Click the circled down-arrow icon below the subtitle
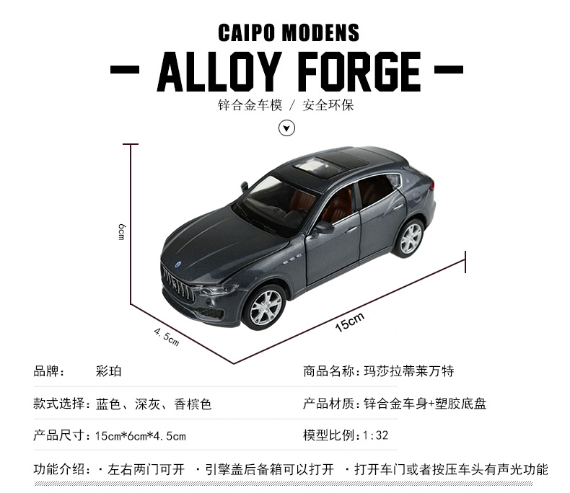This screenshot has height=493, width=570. pos(287,128)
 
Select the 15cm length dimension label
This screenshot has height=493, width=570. pos(350,321)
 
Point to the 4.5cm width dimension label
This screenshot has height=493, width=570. pos(167,337)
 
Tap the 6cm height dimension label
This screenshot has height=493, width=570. pos(123,232)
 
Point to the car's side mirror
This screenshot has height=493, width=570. pos(324,228)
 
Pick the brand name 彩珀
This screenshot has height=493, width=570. pos(109,372)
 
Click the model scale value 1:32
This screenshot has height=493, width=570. pos(376,435)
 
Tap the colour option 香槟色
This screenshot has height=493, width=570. pos(193,404)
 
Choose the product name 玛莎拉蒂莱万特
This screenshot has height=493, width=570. pos(408,372)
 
